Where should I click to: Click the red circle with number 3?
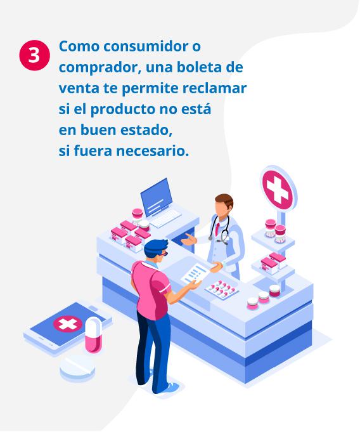(34, 55)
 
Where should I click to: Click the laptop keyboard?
(166, 218)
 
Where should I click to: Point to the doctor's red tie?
(217, 228)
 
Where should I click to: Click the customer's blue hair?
(155, 247)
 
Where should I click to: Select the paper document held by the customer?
(195, 273)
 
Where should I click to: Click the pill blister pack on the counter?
(222, 289)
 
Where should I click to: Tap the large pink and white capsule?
(93, 334)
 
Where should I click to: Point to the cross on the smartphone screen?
(68, 324)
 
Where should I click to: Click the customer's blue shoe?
(169, 387)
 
